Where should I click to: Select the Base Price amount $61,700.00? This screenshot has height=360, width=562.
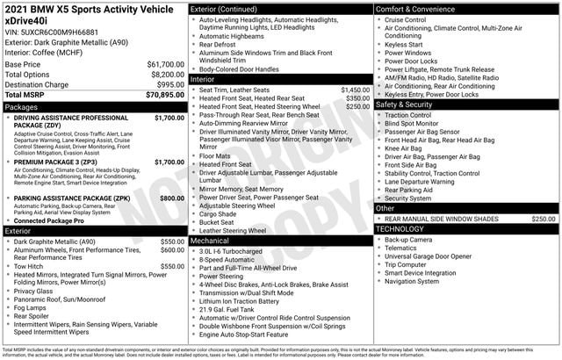coord(165,64)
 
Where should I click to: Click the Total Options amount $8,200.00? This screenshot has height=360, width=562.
coord(167,74)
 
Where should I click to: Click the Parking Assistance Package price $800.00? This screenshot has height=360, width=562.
coord(171,198)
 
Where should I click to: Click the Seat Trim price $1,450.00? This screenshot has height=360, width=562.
coord(355,90)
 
